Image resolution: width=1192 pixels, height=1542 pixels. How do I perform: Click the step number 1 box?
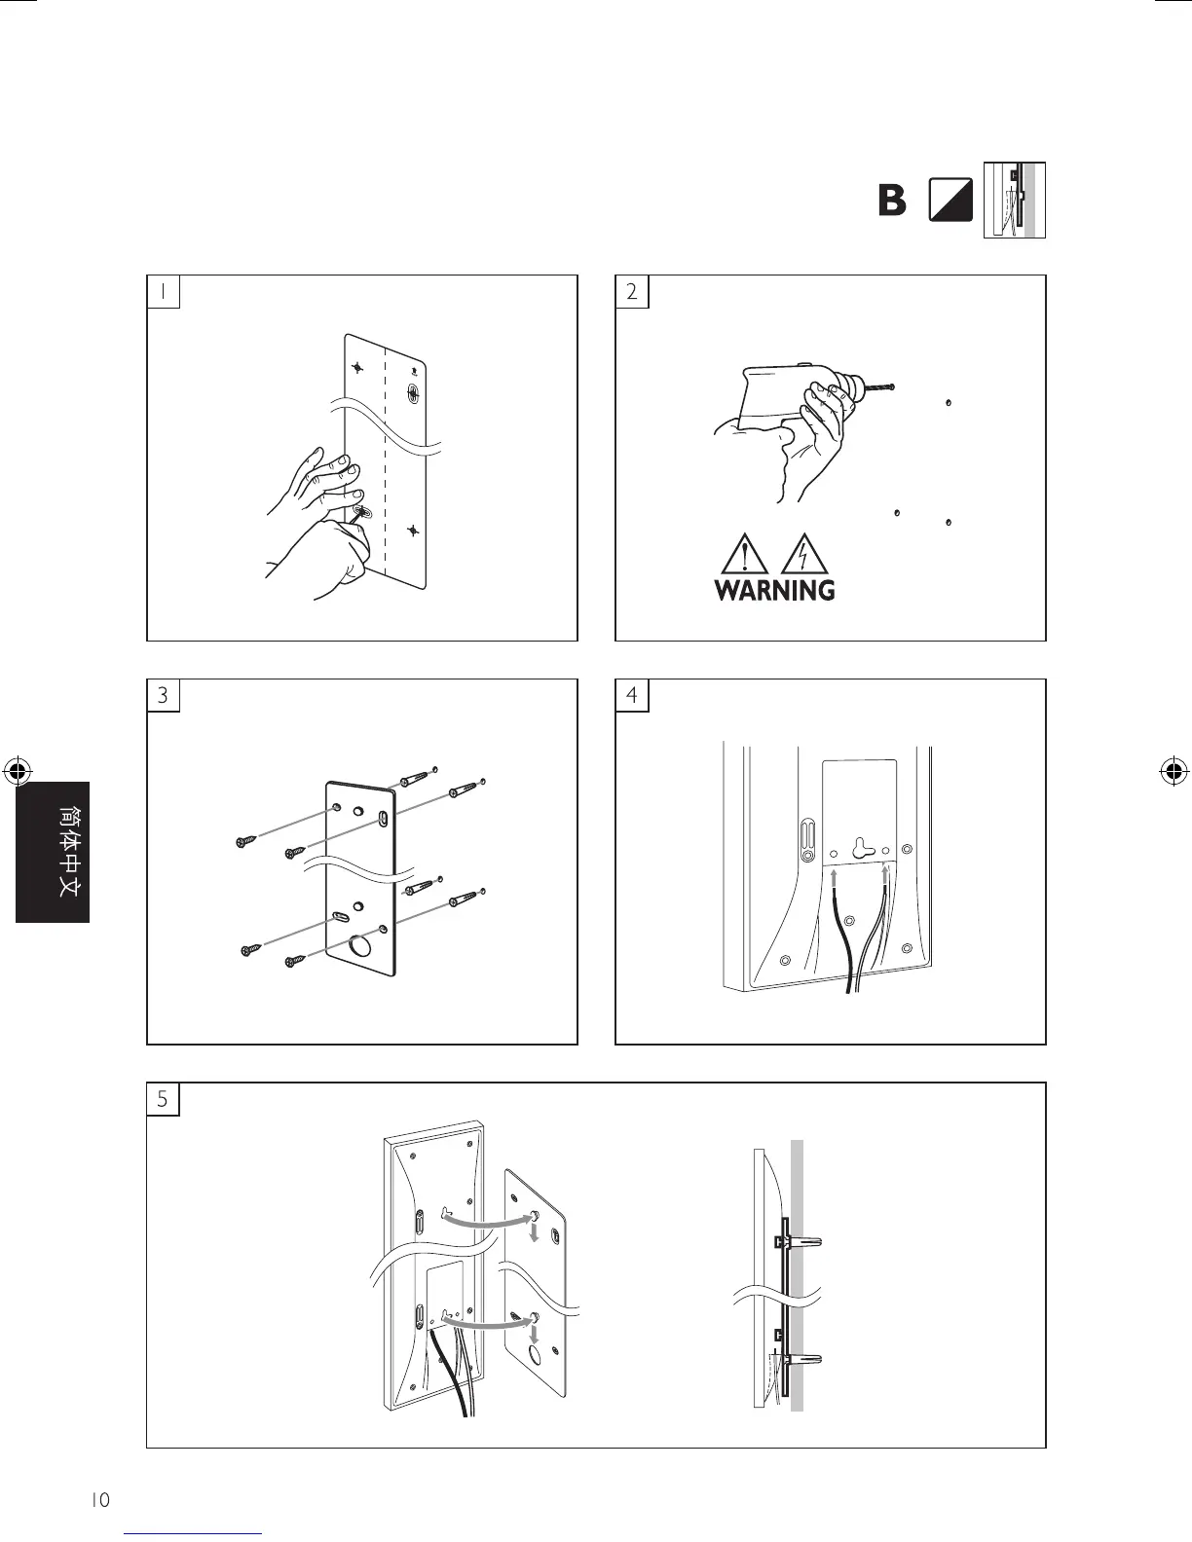click(164, 291)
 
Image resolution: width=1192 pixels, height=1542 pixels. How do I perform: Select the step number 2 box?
click(632, 291)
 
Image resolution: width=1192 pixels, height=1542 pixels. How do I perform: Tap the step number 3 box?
click(164, 695)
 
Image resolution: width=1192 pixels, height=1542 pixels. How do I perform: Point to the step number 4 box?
click(632, 695)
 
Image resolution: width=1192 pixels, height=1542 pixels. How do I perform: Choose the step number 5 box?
click(164, 1099)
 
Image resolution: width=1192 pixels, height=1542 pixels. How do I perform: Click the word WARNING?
click(774, 590)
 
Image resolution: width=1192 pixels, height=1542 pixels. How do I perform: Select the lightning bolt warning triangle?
click(802, 556)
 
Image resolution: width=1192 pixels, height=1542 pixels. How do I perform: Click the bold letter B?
click(891, 202)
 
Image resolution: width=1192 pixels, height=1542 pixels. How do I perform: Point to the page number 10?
click(100, 1500)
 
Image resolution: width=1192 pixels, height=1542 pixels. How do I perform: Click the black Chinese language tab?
click(53, 852)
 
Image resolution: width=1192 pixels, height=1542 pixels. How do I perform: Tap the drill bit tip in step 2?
click(891, 388)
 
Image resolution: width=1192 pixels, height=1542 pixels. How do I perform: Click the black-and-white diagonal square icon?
click(951, 202)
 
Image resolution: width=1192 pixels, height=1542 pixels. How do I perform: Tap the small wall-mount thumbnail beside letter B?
click(1015, 201)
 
